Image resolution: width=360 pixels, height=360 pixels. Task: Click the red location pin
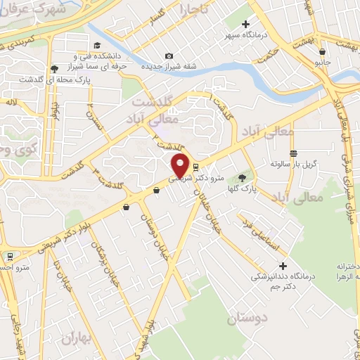point(181,166)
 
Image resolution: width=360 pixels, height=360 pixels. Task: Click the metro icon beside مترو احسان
point(10,257)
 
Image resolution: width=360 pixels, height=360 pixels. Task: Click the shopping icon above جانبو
point(322,51)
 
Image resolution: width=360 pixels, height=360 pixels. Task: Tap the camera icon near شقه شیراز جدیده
point(169,56)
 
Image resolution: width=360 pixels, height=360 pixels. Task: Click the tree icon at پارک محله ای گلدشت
point(55,69)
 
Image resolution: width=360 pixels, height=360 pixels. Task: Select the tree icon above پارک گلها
point(243,178)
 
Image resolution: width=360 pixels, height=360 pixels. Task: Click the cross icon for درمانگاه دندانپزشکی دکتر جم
point(283,266)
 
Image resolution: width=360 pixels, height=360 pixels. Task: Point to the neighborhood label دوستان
point(247,319)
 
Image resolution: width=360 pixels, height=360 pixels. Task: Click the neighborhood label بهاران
point(77,337)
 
